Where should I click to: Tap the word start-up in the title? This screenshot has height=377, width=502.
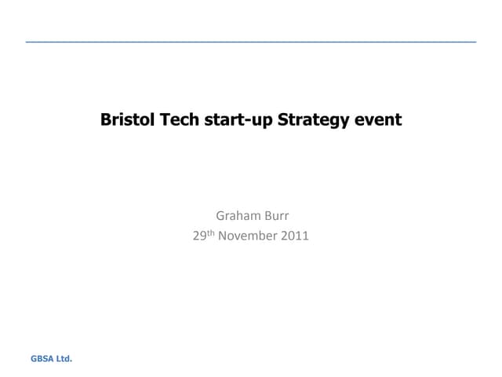(235, 120)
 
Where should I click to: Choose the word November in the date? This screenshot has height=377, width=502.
(247, 234)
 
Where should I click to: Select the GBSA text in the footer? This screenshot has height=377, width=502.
(41, 359)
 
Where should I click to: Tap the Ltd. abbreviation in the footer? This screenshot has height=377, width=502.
(64, 359)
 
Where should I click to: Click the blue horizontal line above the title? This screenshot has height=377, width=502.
(251, 40)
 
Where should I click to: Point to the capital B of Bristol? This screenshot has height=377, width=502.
(105, 120)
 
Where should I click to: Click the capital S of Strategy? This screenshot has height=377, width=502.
(283, 120)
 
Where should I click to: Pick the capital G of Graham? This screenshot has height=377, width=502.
(220, 214)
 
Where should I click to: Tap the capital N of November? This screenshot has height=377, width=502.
(223, 234)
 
